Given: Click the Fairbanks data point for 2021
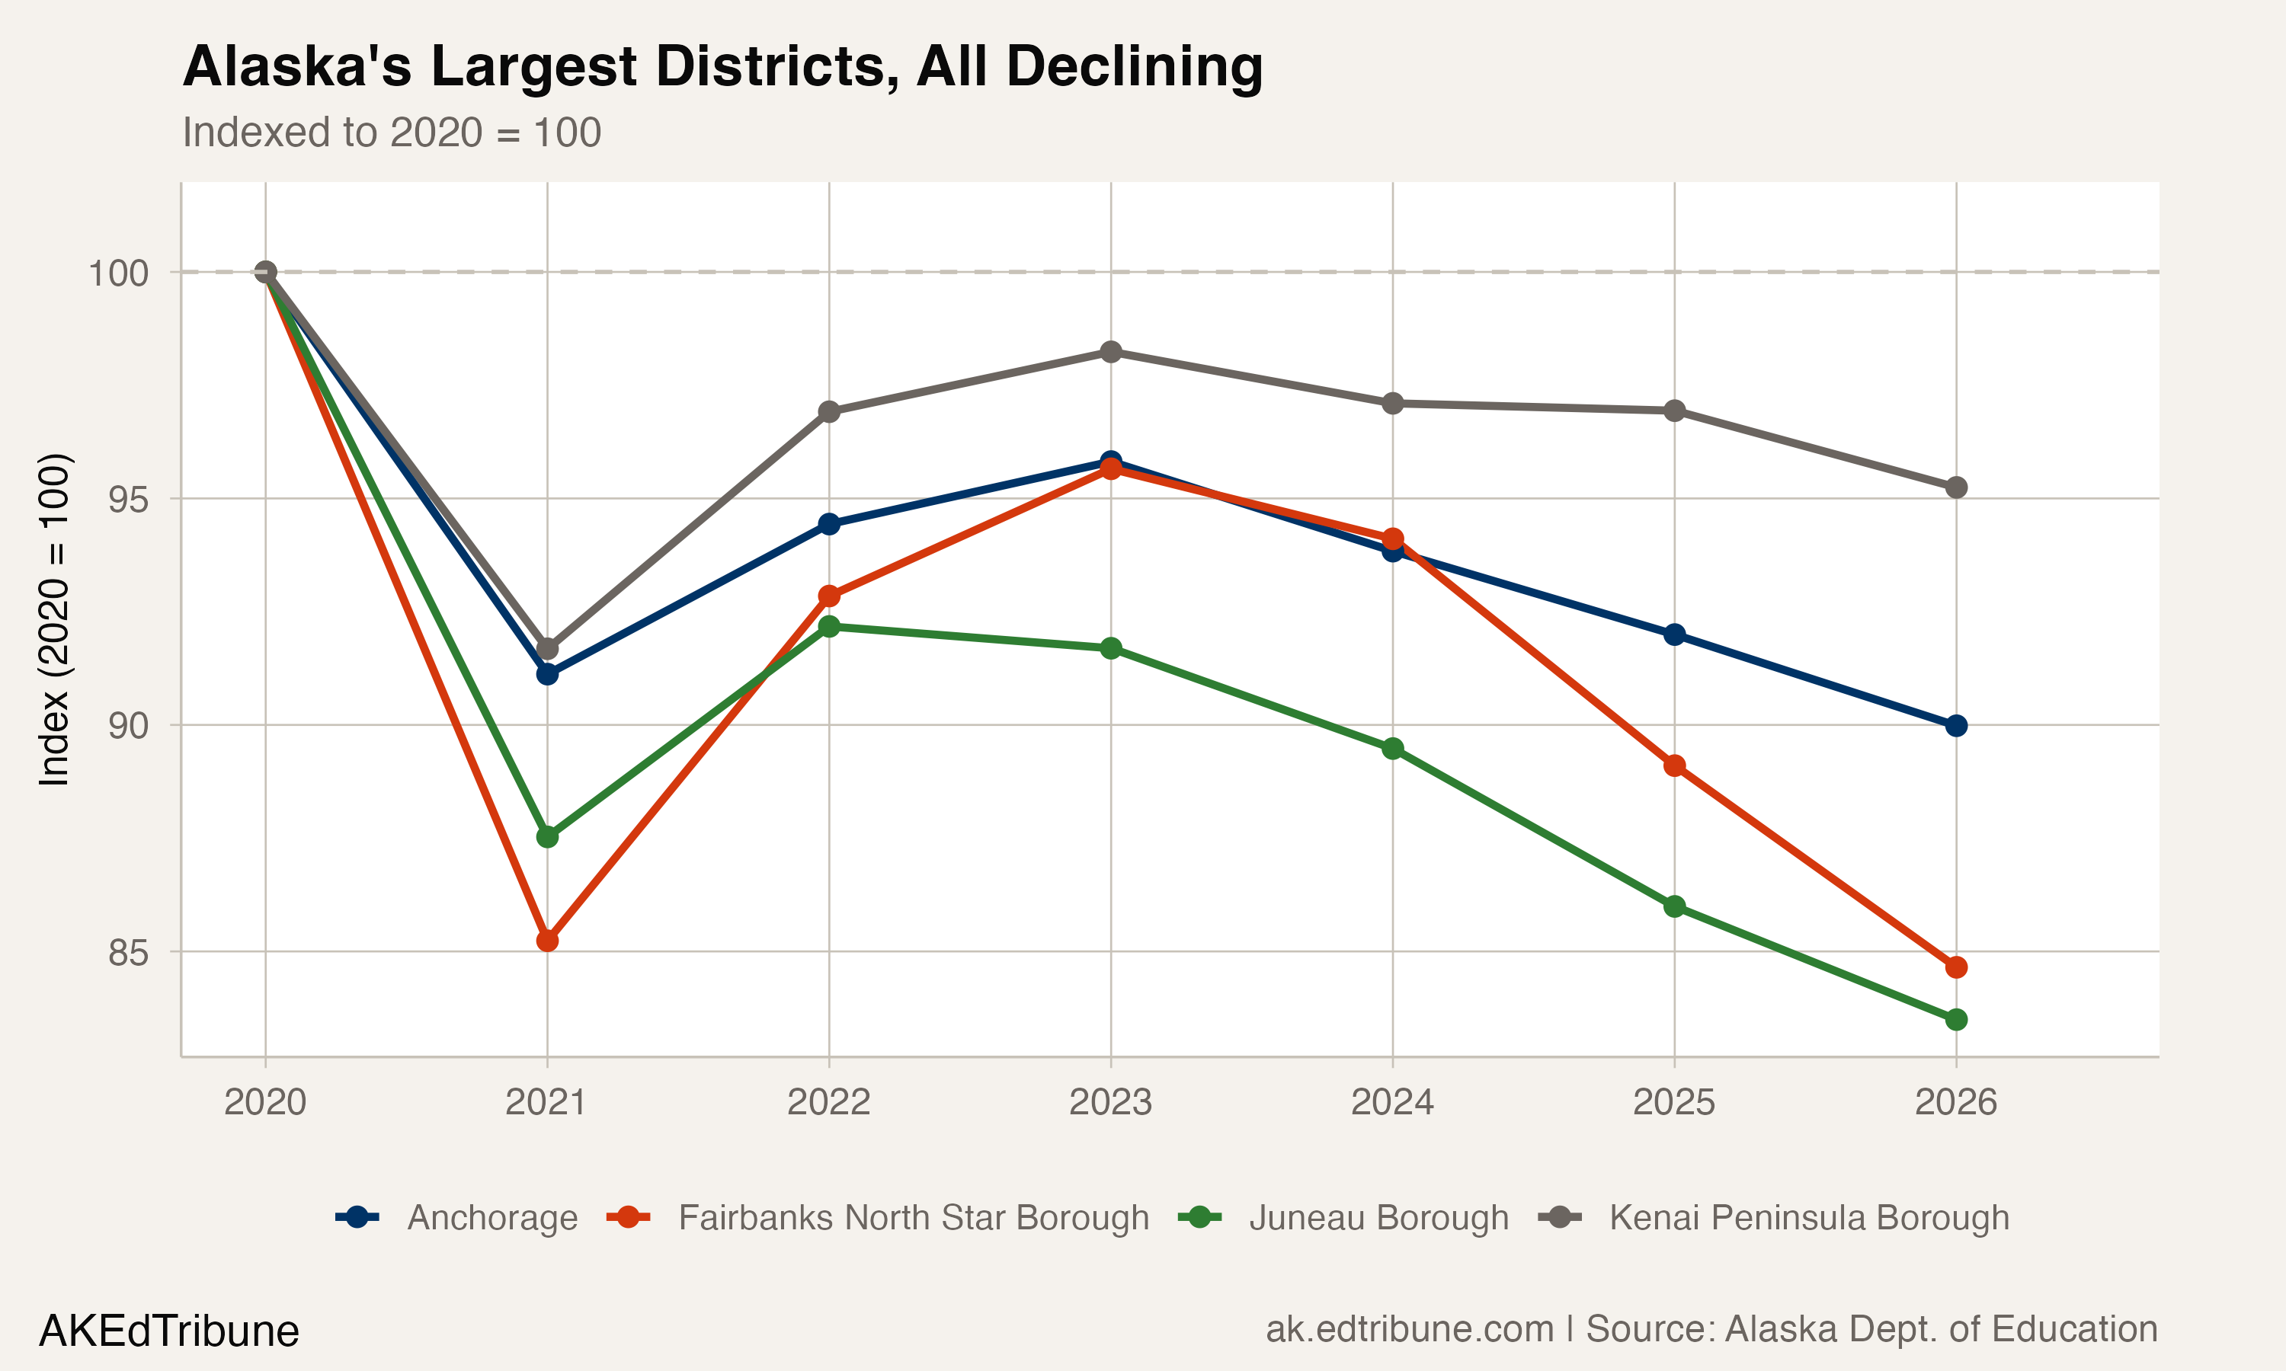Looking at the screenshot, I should pyautogui.click(x=547, y=941).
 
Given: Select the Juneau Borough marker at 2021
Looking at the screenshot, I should pyautogui.click(x=547, y=837).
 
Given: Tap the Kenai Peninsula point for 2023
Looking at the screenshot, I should pyautogui.click(x=1111, y=352).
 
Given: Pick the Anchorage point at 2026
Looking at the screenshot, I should pyautogui.click(x=1956, y=725).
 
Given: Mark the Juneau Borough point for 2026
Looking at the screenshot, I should pyautogui.click(x=1956, y=1020).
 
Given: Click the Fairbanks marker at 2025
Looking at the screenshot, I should pyautogui.click(x=1674, y=766).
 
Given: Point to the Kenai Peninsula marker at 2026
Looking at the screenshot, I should pyautogui.click(x=1956, y=487).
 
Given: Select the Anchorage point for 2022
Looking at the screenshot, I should pyautogui.click(x=829, y=524).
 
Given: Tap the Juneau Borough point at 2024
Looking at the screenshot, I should pyautogui.click(x=1392, y=748).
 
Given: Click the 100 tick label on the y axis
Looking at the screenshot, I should pyautogui.click(x=118, y=273).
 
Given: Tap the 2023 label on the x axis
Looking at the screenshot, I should pyautogui.click(x=1111, y=1102).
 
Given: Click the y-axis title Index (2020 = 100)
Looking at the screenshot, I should pyautogui.click(x=53, y=619).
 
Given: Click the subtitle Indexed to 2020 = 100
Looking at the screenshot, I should pyautogui.click(x=392, y=132).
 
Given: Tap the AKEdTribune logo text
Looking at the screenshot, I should pyautogui.click(x=169, y=1331).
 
